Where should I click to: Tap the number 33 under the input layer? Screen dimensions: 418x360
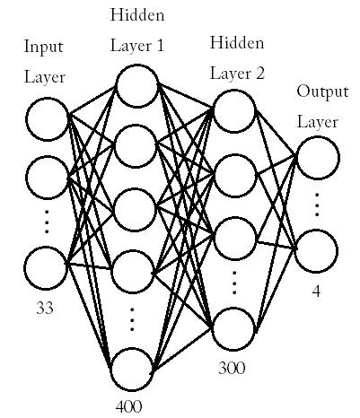click(45, 308)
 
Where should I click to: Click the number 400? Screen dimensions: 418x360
click(129, 406)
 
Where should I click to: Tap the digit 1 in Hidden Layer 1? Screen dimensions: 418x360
click(159, 44)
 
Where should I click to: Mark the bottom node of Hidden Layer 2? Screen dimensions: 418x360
click(233, 328)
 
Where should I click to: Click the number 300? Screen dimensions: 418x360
click(231, 367)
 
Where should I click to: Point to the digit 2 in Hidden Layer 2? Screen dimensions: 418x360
click(259, 73)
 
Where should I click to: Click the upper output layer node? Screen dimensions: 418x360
click(318, 159)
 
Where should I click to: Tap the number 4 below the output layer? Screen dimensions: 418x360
click(317, 291)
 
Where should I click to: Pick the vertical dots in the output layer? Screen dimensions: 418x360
click(318, 205)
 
